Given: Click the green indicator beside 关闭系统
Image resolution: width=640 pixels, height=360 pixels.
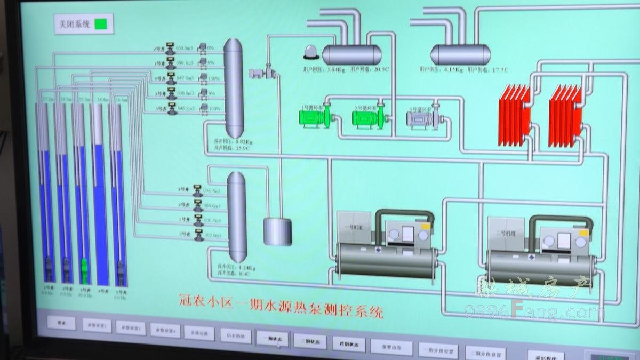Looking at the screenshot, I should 101,24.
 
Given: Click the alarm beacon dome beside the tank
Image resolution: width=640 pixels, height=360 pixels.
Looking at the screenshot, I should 310,52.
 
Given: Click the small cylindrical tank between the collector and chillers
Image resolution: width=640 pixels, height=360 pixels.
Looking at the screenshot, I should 277,231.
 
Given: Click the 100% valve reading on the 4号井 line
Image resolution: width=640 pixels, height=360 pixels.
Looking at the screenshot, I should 214,78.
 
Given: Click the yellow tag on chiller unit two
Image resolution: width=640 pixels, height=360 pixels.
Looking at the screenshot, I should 583,233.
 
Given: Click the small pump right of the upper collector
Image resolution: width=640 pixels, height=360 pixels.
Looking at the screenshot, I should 262,73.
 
